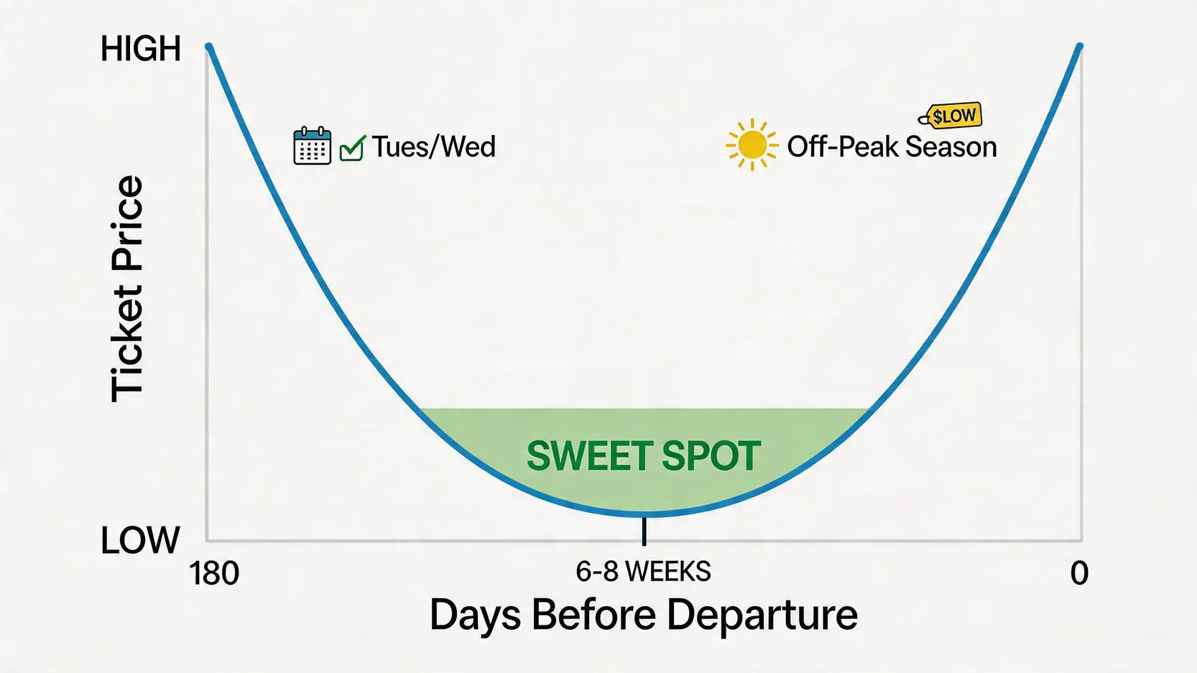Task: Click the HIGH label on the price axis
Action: pos(141,49)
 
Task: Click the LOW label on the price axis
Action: pos(140,540)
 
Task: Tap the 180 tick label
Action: pos(214,574)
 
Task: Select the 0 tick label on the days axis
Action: pos(1079,574)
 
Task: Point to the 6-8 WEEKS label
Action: pos(643,572)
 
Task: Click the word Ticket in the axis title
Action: pos(127,343)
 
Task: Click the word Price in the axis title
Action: pos(127,223)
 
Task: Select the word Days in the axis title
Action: pos(475,616)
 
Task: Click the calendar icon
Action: pos(313,145)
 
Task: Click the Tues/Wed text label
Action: pos(433,147)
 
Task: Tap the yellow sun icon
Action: pos(752,145)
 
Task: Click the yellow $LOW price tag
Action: pos(951,116)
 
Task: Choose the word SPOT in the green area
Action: pos(711,456)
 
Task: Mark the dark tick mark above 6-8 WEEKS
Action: pos(644,531)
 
